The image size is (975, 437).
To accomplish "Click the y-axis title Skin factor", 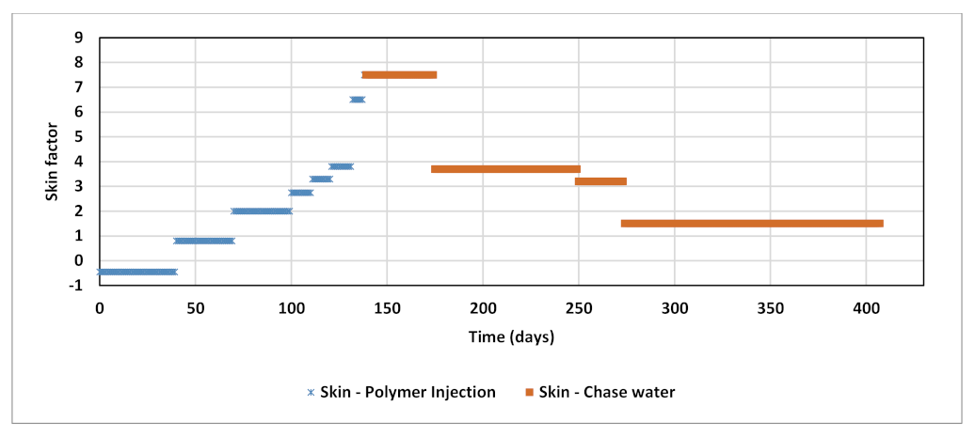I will click(54, 161).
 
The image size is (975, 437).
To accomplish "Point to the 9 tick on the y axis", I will click(79, 39).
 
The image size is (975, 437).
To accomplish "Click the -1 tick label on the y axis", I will click(77, 286).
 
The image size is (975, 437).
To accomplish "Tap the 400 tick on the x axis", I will click(865, 308).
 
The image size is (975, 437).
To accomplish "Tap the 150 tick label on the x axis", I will click(387, 308).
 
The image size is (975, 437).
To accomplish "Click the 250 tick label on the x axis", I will click(579, 308).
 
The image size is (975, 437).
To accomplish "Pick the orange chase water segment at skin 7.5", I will click(399, 75).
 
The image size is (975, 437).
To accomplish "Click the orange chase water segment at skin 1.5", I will click(752, 224).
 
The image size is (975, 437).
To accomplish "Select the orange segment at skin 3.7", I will click(505, 169).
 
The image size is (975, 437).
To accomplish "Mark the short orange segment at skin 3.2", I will click(600, 181).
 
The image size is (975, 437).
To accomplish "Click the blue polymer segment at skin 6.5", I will click(358, 100).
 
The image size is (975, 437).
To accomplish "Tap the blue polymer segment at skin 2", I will click(262, 211).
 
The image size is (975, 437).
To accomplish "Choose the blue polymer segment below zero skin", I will click(137, 272).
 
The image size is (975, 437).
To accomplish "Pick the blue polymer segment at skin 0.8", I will click(204, 241).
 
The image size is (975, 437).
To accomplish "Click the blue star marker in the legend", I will click(311, 392).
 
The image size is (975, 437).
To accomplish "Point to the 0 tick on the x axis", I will click(100, 308).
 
